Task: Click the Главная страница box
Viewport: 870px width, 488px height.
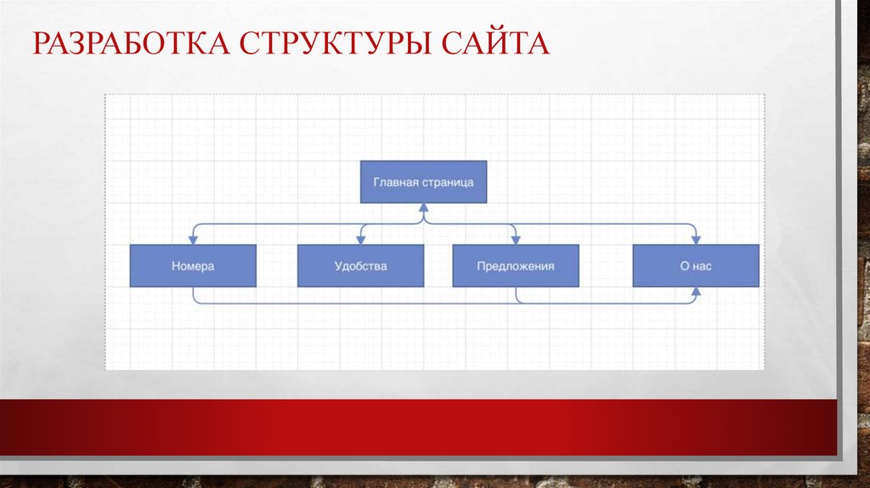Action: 423,181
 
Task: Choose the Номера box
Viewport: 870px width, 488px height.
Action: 193,265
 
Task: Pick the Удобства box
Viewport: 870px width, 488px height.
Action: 360,265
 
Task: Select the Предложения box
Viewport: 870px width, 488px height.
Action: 515,265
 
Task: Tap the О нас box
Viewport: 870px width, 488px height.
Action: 696,265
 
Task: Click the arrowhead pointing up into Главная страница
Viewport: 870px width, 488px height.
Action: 423,208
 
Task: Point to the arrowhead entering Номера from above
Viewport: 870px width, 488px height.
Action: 193,239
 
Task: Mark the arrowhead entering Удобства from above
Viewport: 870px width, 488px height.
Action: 361,239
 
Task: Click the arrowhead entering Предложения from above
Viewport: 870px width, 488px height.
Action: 516,239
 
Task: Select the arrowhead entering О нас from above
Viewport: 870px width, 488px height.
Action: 696,239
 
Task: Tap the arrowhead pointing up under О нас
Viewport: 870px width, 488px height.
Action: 696,292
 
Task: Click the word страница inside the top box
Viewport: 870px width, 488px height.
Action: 446,181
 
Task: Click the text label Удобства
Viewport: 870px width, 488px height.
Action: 360,266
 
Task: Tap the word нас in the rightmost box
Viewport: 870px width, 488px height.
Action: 702,266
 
